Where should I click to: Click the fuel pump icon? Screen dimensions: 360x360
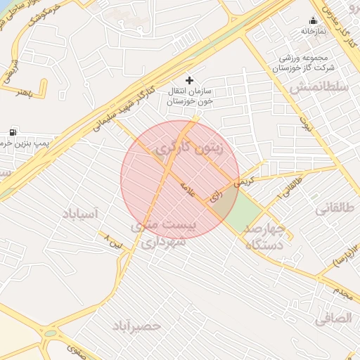click(13, 132)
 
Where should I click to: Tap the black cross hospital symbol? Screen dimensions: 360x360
click(189, 80)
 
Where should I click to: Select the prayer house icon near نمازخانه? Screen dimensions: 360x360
click(313, 20)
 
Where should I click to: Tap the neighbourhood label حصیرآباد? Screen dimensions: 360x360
click(136, 326)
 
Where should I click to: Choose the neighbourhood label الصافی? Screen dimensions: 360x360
click(333, 319)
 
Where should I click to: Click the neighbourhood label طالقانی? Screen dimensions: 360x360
click(334, 209)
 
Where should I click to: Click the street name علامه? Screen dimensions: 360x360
click(186, 187)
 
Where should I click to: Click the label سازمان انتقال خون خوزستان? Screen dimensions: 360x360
click(190, 96)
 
